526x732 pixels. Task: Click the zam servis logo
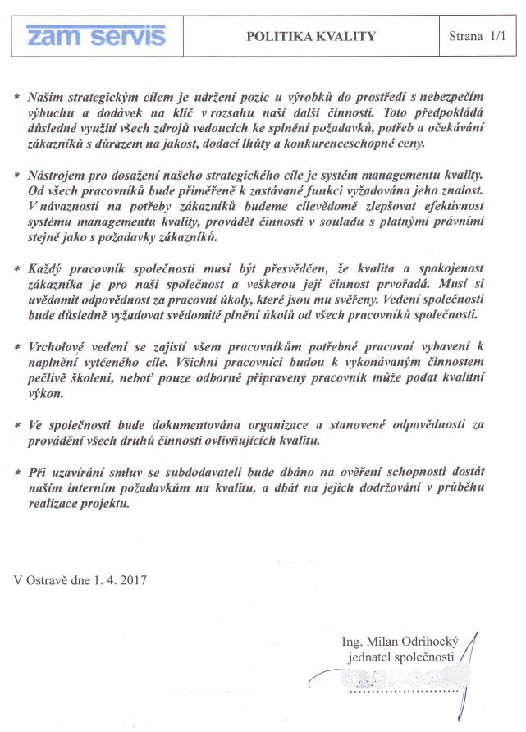coord(96,35)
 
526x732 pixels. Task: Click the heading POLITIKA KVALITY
coord(311,36)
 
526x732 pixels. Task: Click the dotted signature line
coord(402,692)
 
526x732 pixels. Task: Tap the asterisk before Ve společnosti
coord(18,426)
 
